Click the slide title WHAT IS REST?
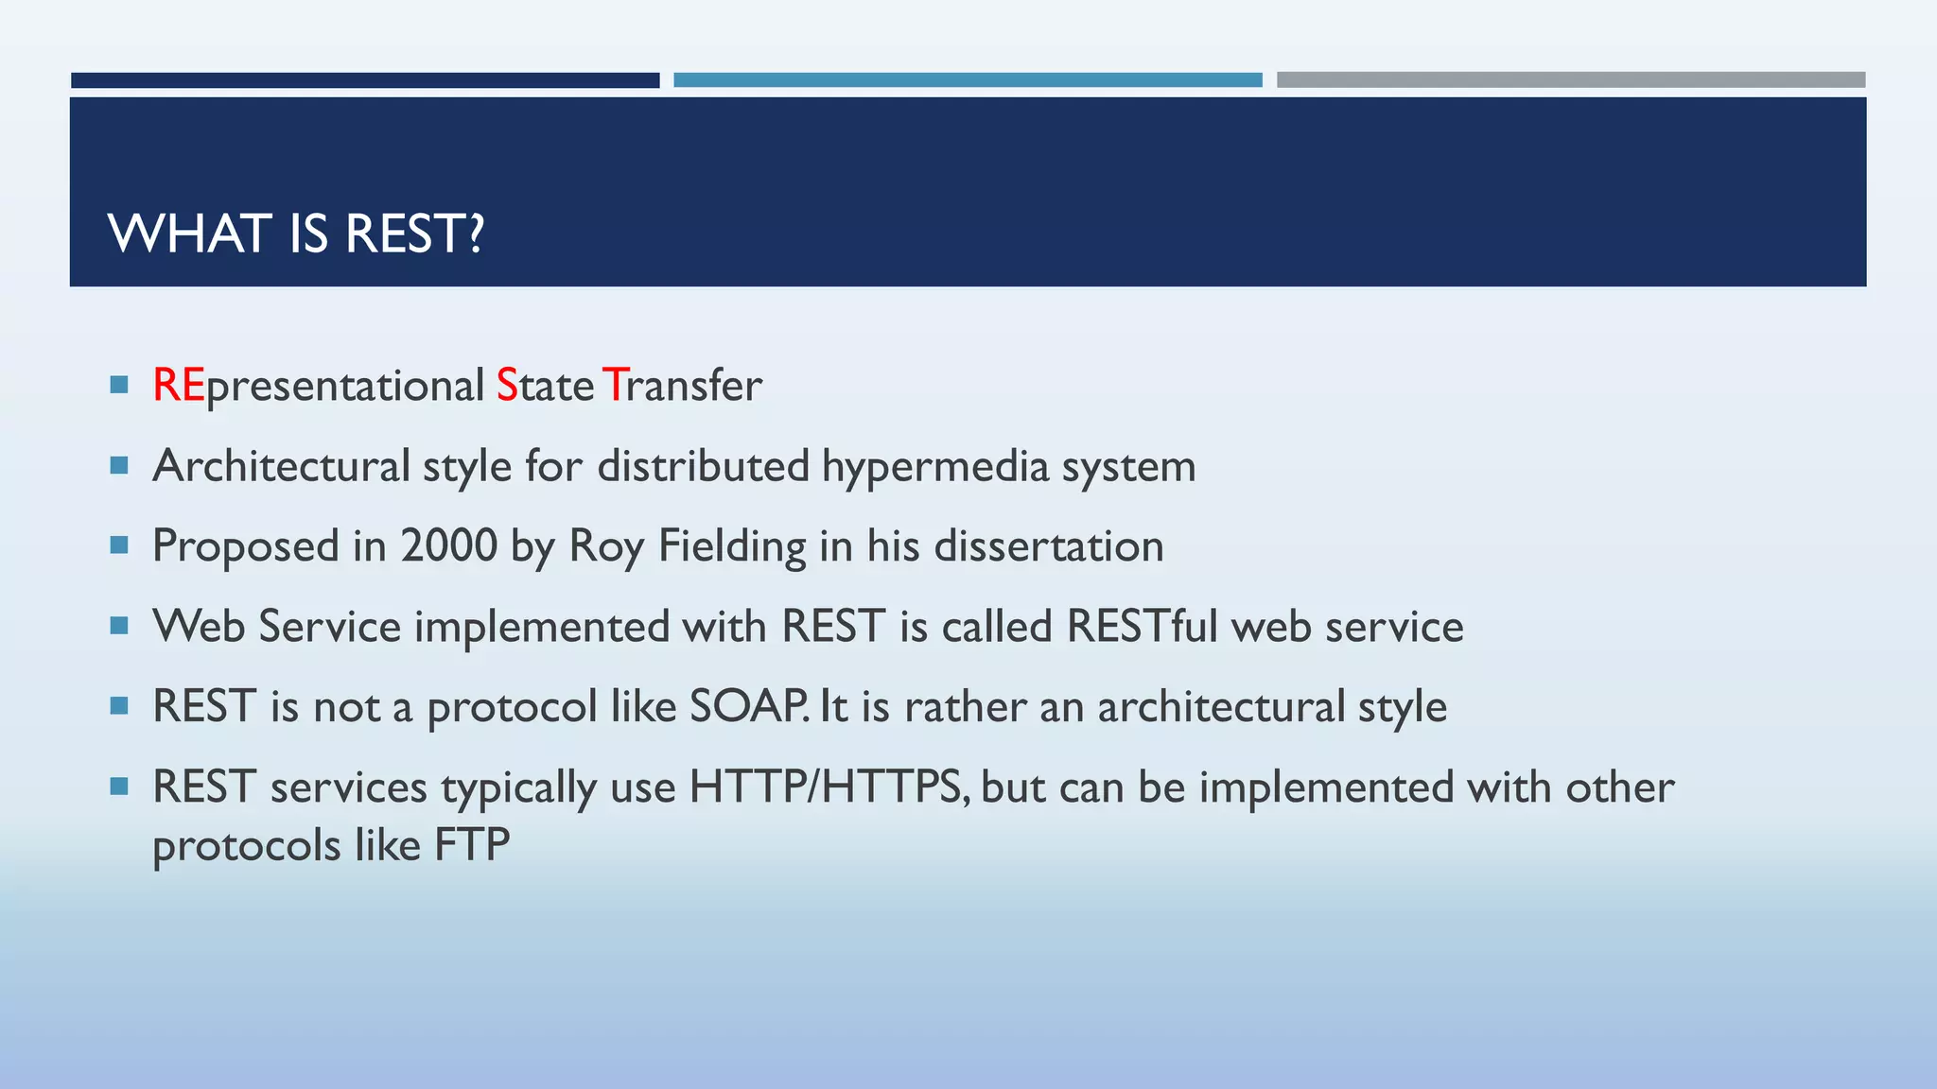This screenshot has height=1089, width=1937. click(296, 233)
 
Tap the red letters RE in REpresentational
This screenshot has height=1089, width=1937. click(178, 386)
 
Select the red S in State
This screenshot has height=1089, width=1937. click(507, 386)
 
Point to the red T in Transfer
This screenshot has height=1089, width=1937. click(613, 386)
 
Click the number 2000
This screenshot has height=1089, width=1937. click(448, 546)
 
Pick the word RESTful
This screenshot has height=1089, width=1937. click(1142, 627)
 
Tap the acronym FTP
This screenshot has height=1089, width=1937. click(472, 845)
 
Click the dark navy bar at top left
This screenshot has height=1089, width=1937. click(365, 80)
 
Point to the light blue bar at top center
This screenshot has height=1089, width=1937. click(968, 80)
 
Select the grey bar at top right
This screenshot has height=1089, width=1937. click(1570, 80)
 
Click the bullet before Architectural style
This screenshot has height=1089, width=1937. click(118, 465)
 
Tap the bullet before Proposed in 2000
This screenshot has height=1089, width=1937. click(118, 545)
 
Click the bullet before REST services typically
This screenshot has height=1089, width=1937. click(118, 786)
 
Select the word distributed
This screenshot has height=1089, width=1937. click(703, 466)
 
